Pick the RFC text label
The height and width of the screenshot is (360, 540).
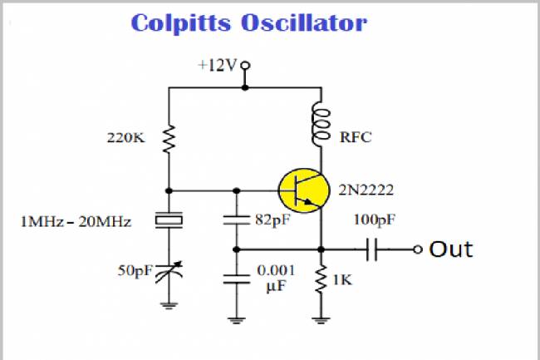pos(356,138)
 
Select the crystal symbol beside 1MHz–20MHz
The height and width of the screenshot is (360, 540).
pos(169,221)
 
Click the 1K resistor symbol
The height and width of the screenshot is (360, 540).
pos(321,281)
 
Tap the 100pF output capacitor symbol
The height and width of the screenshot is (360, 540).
pos(371,248)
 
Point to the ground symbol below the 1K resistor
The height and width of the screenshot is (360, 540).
pos(321,317)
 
